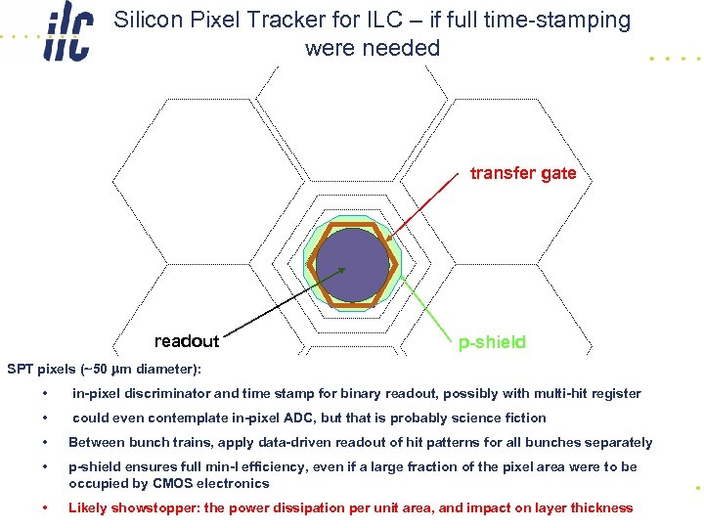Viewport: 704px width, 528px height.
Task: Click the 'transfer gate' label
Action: [x=523, y=173]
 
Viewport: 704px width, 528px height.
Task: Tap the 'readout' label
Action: [x=187, y=341]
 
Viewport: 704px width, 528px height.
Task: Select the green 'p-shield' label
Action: [x=492, y=342]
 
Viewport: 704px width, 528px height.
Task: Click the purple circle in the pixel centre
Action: [x=352, y=264]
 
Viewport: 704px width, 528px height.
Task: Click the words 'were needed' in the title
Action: [x=373, y=48]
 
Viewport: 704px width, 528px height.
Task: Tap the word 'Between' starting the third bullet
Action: [x=94, y=442]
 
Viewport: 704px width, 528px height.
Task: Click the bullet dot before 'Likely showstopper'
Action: [x=45, y=508]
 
